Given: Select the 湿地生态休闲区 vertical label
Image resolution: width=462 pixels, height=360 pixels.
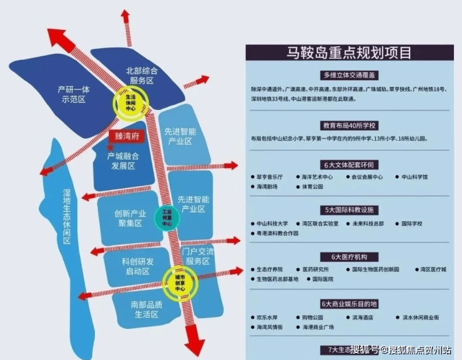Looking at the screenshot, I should (67, 217).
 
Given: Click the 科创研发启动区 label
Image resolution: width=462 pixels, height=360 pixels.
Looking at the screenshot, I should (129, 266).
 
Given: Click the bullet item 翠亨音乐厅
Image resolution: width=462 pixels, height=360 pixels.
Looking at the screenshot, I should (270, 177).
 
